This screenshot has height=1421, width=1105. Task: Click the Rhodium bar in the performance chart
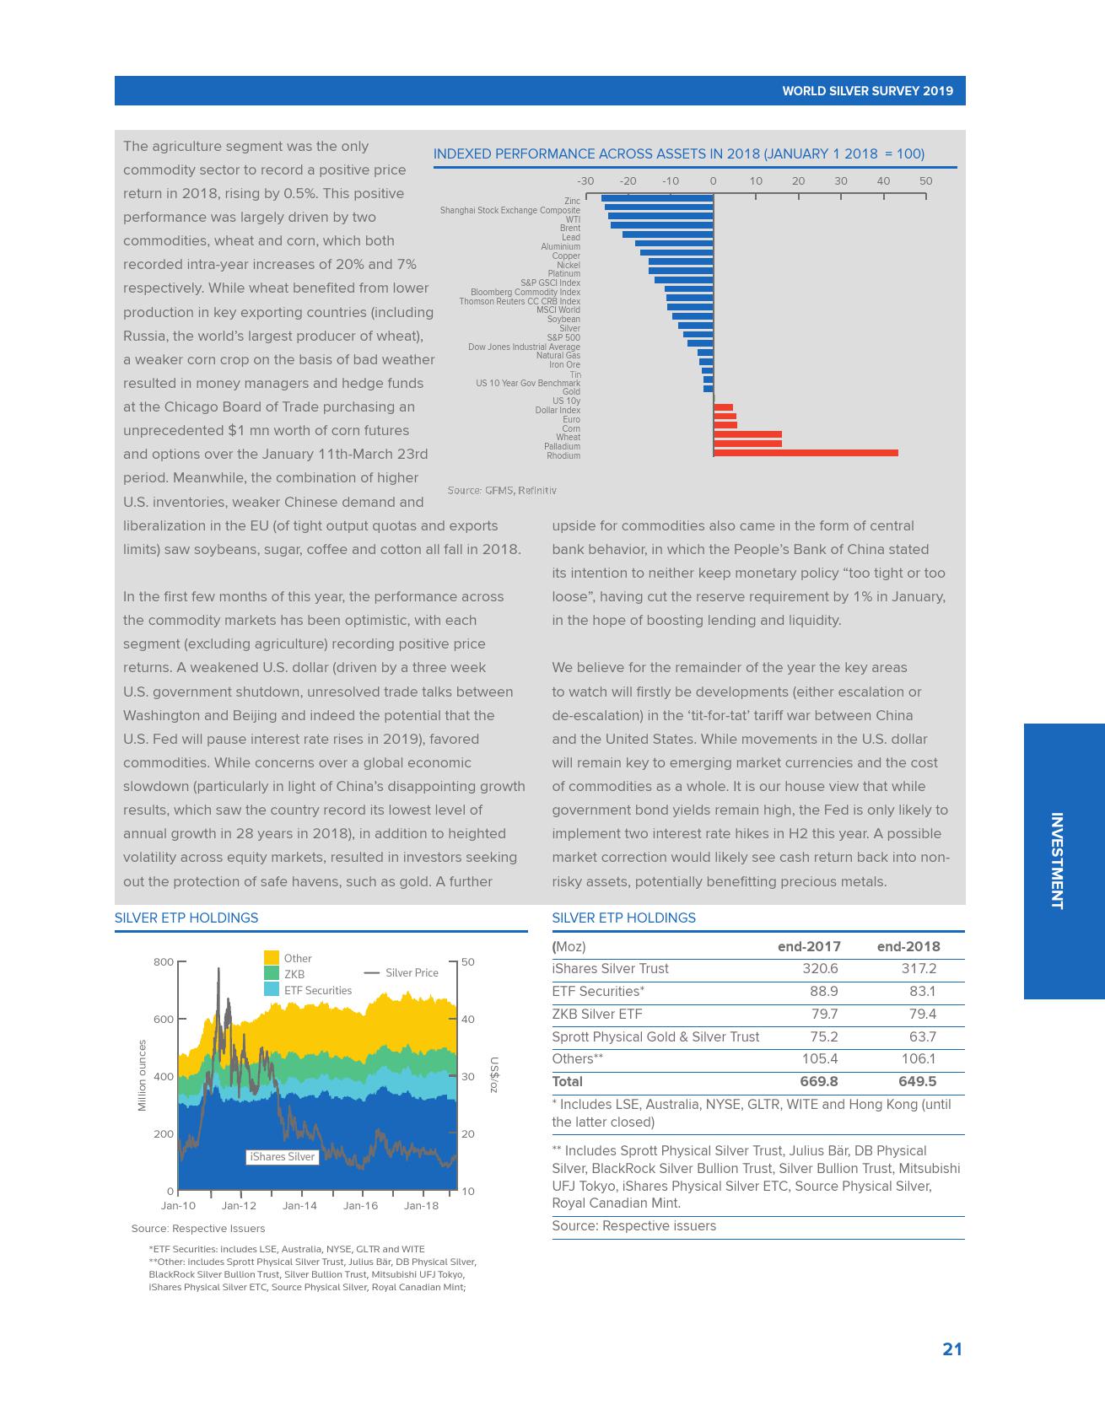click(806, 453)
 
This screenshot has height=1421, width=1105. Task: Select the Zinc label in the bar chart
click(572, 201)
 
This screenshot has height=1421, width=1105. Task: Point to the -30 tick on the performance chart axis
click(585, 181)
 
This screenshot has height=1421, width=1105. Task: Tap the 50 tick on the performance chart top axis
click(925, 181)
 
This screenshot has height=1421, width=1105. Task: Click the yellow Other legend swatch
click(272, 958)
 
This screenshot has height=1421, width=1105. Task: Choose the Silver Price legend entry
click(402, 972)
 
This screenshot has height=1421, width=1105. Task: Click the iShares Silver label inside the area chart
click(282, 1157)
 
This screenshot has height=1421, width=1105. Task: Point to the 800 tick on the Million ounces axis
click(164, 962)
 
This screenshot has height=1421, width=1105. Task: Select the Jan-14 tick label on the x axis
click(299, 1206)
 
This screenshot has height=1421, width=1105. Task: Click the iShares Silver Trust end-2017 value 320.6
click(820, 969)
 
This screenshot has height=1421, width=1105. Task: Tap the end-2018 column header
click(908, 946)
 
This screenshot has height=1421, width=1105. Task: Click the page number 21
click(952, 1349)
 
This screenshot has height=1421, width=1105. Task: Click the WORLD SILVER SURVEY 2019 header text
click(867, 91)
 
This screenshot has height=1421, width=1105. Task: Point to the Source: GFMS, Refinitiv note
click(502, 490)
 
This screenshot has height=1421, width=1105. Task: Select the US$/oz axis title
click(494, 1075)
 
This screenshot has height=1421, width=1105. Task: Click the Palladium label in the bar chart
click(562, 447)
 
